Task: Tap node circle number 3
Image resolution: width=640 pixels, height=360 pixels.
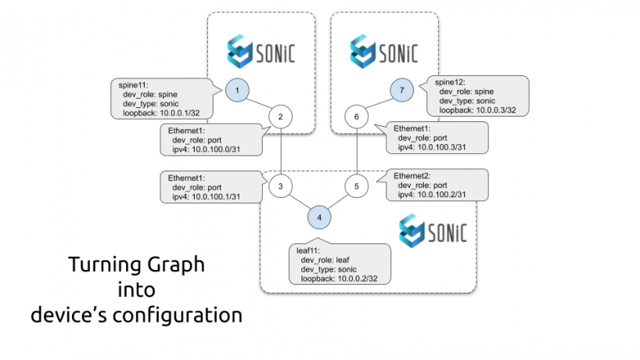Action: [280, 186]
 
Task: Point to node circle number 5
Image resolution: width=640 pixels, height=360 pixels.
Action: [356, 186]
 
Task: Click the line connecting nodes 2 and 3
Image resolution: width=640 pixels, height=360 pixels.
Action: [280, 152]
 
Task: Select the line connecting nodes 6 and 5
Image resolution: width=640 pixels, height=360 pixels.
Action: [357, 152]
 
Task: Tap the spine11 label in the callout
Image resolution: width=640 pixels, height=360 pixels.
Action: [128, 83]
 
